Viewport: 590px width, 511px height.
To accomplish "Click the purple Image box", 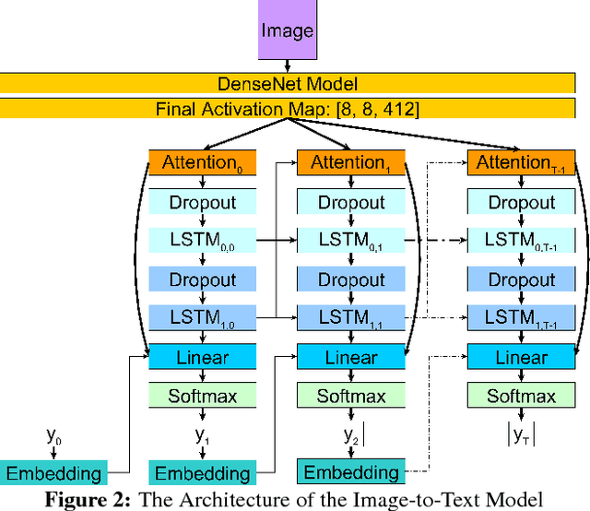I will (x=288, y=31).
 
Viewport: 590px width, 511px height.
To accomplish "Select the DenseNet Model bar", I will (x=294, y=84).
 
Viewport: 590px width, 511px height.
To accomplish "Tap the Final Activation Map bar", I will (x=294, y=110).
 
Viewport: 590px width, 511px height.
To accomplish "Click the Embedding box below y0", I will (x=53, y=474).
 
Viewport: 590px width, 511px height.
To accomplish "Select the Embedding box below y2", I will (x=350, y=472).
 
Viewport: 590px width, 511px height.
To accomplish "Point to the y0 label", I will (x=53, y=433).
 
